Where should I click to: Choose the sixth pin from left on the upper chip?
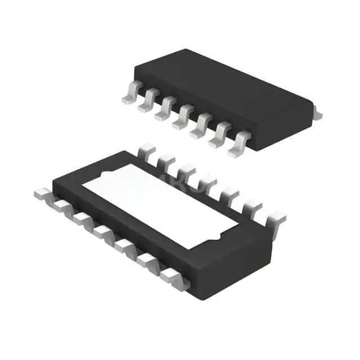point(219,137)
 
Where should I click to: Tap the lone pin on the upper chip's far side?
point(318,113)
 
